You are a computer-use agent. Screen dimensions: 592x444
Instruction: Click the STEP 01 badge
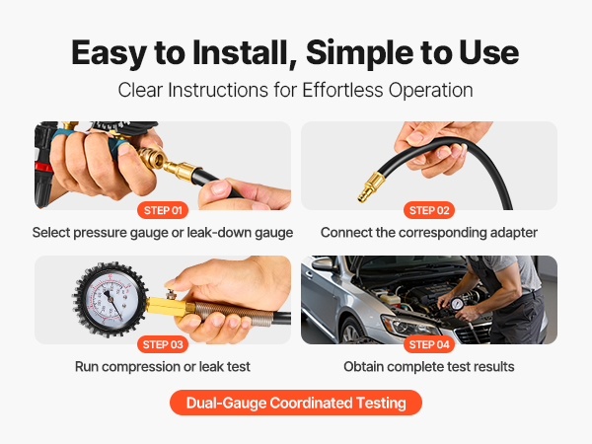pyautogui.click(x=163, y=210)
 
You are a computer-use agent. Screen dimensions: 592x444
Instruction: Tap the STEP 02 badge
pyautogui.click(x=429, y=210)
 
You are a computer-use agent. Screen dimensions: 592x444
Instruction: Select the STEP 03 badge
pyautogui.click(x=163, y=344)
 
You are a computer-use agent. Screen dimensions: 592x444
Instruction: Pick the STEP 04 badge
pyautogui.click(x=429, y=344)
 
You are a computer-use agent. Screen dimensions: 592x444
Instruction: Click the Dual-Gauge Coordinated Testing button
pyautogui.click(x=296, y=403)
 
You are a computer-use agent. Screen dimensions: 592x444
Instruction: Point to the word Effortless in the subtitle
pyautogui.click(x=342, y=90)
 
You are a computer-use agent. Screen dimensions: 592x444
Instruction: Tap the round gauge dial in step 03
pyautogui.click(x=110, y=300)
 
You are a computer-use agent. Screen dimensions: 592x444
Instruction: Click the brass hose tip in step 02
pyautogui.click(x=371, y=185)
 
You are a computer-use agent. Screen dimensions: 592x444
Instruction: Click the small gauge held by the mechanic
pyautogui.click(x=457, y=303)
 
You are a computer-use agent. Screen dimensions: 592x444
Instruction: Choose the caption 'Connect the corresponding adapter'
pyautogui.click(x=429, y=233)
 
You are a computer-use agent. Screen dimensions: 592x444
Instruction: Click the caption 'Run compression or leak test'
pyautogui.click(x=163, y=367)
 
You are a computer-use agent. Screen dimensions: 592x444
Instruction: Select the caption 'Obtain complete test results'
pyautogui.click(x=429, y=367)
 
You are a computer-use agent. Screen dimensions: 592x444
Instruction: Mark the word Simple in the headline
pyautogui.click(x=359, y=53)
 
